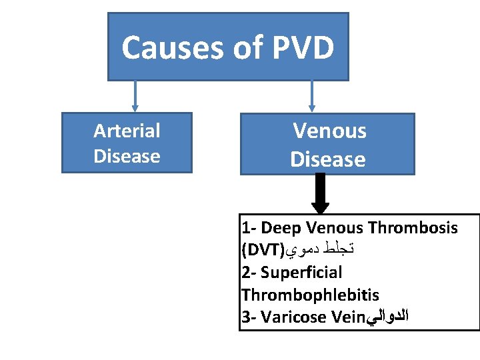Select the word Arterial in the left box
pyautogui.click(x=127, y=131)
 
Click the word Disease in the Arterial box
pyautogui.click(x=127, y=156)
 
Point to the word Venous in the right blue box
pyautogui.click(x=329, y=131)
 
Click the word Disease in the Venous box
pyautogui.click(x=327, y=159)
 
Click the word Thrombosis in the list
pyautogui.click(x=413, y=228)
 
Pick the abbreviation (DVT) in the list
pyautogui.click(x=263, y=251)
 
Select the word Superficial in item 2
pyautogui.click(x=301, y=272)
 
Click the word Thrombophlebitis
pyautogui.click(x=310, y=295)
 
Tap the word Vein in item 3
pyautogui.click(x=345, y=317)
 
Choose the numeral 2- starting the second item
pyautogui.click(x=248, y=272)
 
